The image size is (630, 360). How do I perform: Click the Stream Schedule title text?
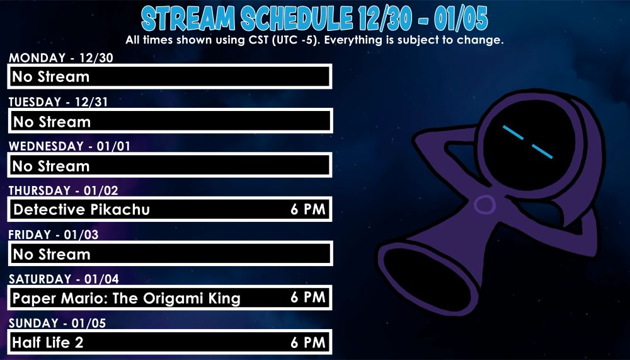314,19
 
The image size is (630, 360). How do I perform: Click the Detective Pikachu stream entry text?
81,209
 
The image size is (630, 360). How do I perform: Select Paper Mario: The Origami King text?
127,298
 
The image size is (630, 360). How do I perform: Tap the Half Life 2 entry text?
48,343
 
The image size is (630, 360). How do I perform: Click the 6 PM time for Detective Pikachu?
307,209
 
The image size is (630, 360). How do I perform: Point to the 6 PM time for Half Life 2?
307,342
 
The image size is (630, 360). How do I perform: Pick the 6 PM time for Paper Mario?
307,298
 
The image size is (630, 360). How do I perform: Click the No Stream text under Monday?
51,77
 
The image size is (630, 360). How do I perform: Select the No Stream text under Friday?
51,254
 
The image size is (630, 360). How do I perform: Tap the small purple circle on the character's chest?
484,204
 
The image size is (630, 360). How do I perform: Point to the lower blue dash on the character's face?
541,151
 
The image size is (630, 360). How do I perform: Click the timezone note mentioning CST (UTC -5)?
314,40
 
